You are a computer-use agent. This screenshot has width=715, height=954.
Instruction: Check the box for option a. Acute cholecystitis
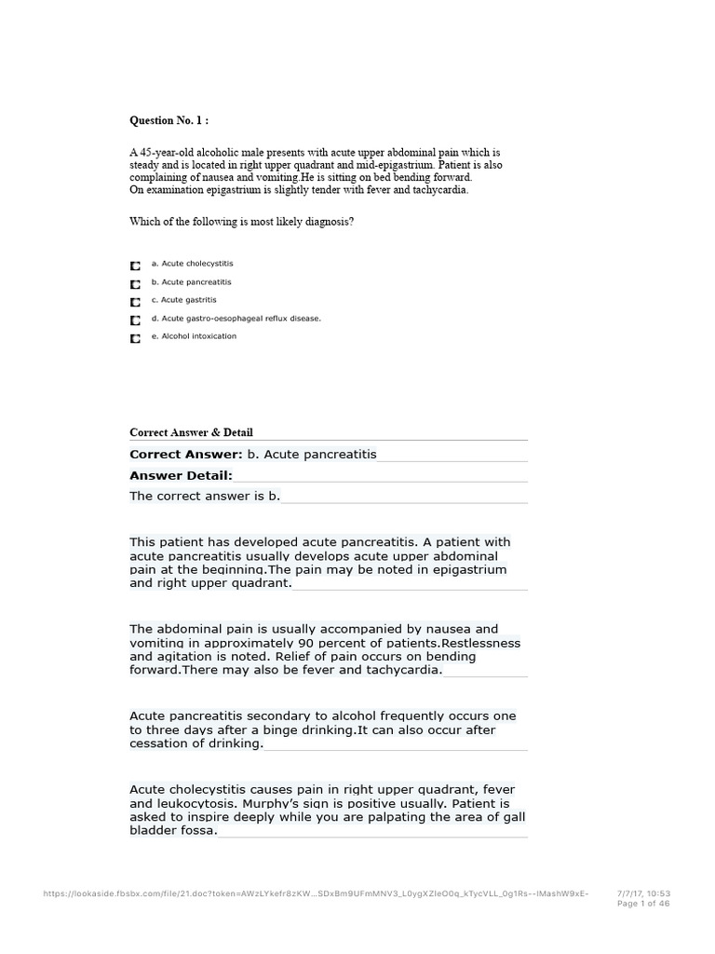(136, 266)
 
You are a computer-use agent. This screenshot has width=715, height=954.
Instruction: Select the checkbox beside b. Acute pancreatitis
(136, 284)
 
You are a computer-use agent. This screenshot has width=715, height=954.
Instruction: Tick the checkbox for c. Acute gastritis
(136, 302)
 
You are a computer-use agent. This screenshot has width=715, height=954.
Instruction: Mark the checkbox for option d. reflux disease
(136, 320)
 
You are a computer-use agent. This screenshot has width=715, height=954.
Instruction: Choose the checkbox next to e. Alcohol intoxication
(136, 339)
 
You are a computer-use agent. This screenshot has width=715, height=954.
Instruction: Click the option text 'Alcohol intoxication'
(199, 336)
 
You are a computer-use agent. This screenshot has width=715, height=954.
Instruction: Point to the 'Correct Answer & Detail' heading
(191, 432)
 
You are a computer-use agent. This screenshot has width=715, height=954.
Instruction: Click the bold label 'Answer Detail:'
(181, 475)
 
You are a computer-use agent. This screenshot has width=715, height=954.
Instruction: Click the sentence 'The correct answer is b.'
(205, 497)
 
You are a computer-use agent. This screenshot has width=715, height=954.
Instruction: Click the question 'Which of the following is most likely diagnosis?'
(241, 222)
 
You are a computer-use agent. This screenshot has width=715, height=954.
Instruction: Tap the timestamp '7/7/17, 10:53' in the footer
(643, 893)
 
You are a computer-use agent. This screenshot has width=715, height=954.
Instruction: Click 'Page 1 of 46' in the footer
(643, 903)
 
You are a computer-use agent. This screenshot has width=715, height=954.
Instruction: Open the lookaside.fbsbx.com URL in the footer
(317, 893)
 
